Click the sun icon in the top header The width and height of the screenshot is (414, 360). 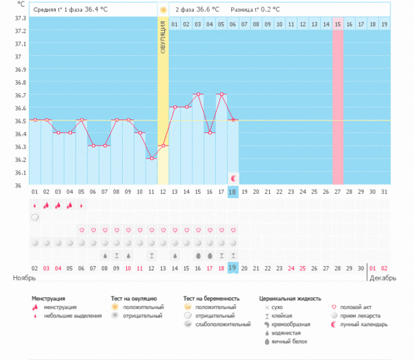pyautogui.click(x=163, y=10)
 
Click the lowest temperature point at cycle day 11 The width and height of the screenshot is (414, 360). pyautogui.click(x=151, y=159)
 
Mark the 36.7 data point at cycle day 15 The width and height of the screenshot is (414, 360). pyautogui.click(x=198, y=94)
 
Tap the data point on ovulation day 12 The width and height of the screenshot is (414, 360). pyautogui.click(x=163, y=146)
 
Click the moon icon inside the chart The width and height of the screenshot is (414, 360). pyautogui.click(x=233, y=177)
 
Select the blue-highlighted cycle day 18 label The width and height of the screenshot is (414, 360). pyautogui.click(x=233, y=191)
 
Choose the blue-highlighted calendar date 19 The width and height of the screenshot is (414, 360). pyautogui.click(x=233, y=267)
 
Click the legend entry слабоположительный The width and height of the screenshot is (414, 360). pyautogui.click(x=222, y=323)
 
